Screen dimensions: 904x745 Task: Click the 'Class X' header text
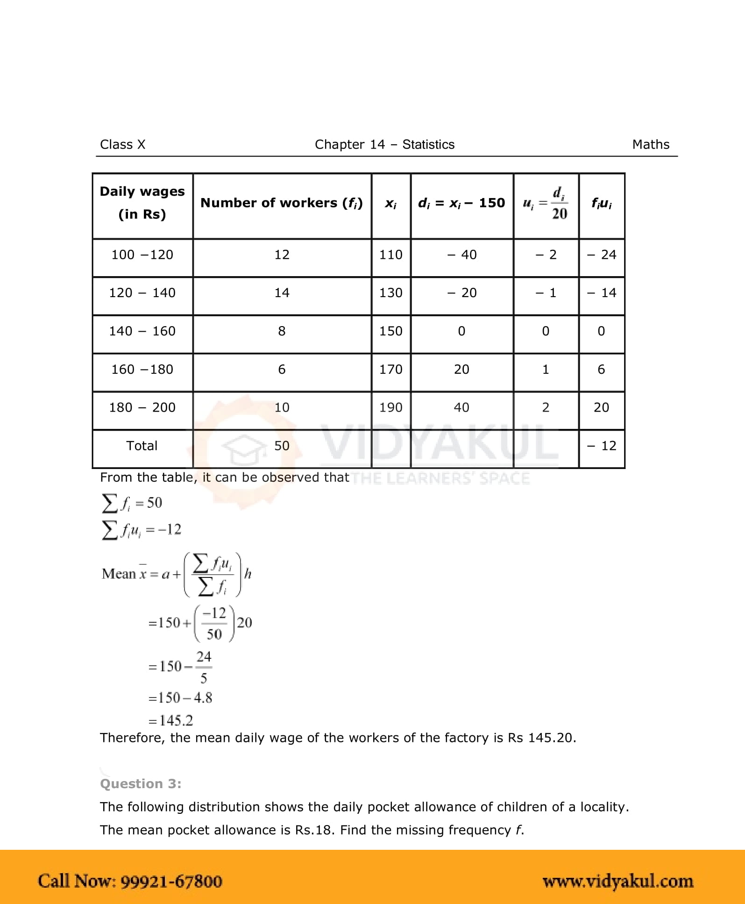pos(122,144)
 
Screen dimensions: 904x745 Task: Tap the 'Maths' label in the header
pos(650,144)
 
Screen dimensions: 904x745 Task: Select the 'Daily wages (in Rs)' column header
pos(142,203)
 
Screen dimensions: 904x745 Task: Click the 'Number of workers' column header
pos(281,203)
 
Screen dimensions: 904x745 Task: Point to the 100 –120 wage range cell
pos(142,255)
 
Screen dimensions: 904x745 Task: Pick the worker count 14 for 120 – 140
pos(282,293)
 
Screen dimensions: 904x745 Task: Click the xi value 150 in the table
pos(390,331)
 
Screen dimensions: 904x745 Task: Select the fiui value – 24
pos(602,255)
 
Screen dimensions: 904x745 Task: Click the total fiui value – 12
pos(602,446)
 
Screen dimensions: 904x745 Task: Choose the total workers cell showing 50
pos(282,446)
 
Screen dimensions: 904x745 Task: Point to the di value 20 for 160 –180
pos(461,370)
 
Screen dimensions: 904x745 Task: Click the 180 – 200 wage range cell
pos(142,407)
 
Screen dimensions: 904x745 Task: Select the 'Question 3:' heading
pos(141,783)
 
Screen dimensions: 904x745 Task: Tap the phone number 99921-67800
pos(171,881)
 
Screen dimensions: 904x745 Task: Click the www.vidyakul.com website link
pos(617,881)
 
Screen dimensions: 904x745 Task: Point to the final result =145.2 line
pos(170,720)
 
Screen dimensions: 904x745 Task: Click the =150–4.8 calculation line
pos(180,698)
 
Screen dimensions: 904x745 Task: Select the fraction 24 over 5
pos(204,667)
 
